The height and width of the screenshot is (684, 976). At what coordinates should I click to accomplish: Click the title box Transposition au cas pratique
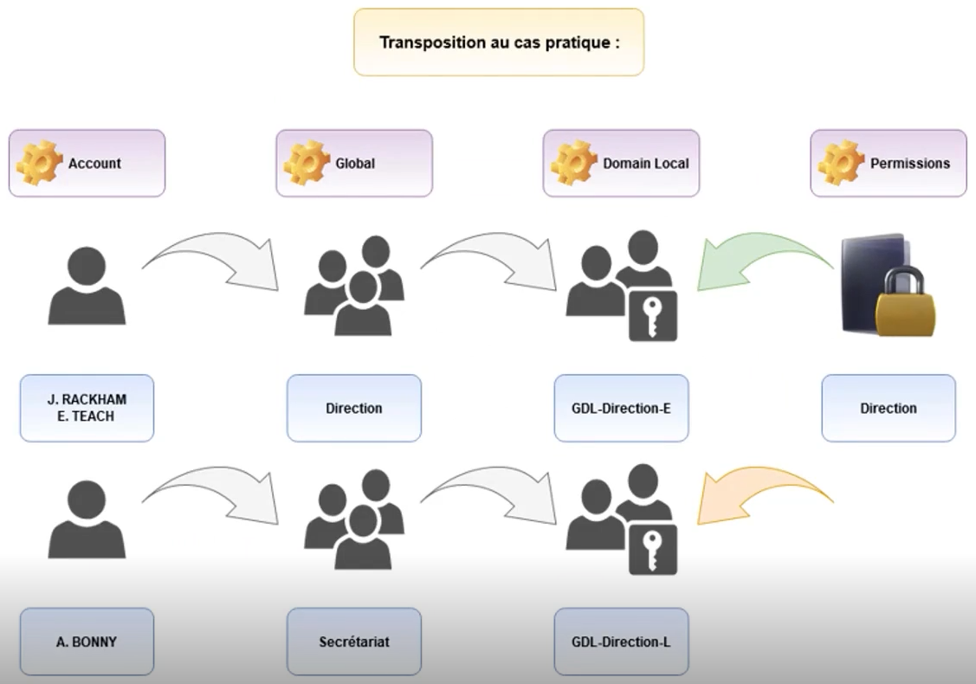[499, 42]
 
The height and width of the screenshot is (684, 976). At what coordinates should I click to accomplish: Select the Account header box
[87, 163]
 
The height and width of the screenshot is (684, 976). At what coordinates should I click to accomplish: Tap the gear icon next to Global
[307, 162]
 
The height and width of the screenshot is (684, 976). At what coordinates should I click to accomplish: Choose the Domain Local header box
[621, 163]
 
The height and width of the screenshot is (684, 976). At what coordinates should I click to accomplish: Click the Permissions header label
[909, 163]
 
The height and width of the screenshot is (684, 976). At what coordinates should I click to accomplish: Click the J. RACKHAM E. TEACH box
[87, 408]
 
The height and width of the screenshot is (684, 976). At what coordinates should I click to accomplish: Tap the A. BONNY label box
[87, 642]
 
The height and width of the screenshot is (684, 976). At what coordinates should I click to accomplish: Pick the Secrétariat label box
[353, 642]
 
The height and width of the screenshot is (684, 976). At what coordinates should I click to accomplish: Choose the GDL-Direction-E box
[621, 408]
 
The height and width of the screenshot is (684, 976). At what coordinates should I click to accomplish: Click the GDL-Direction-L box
[621, 642]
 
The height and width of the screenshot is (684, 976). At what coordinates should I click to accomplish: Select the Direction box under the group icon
[353, 408]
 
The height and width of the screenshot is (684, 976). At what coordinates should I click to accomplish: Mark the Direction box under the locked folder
[889, 408]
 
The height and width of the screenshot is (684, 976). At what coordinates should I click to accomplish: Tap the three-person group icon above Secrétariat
[353, 519]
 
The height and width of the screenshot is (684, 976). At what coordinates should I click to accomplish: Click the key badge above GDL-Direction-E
[652, 316]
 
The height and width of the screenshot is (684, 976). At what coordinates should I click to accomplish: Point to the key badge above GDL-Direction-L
[652, 550]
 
